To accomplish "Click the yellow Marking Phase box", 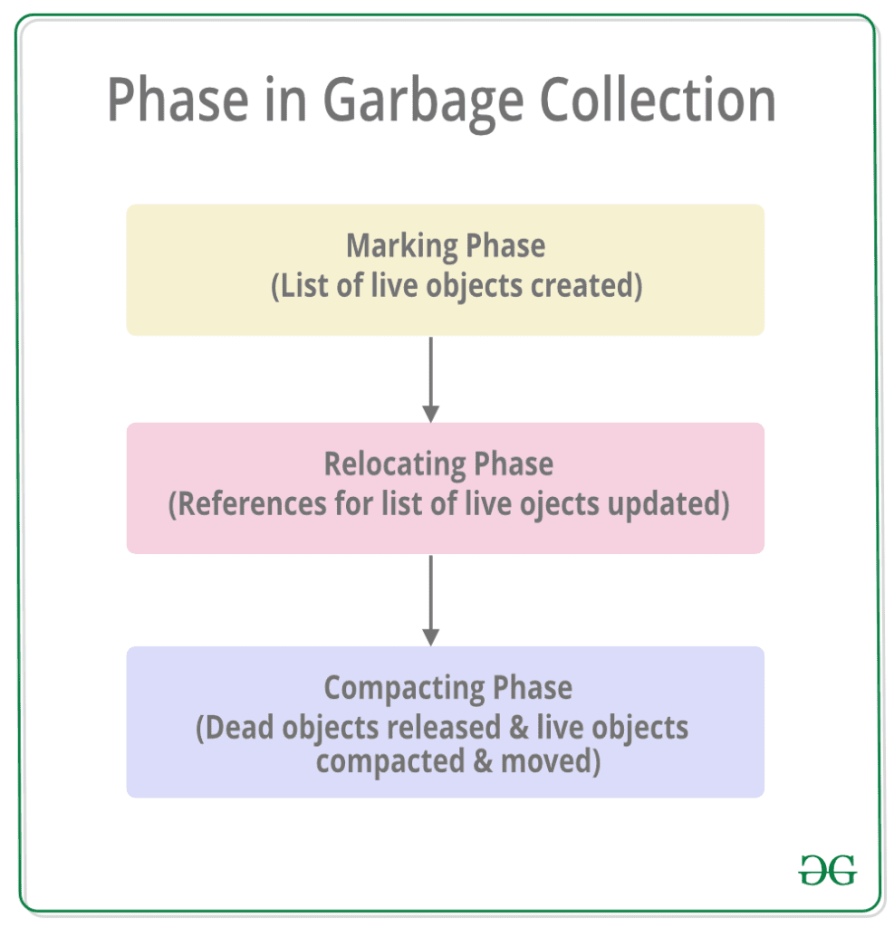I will click(445, 269).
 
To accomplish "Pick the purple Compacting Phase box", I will click(445, 722).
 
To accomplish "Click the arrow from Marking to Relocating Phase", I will click(431, 379).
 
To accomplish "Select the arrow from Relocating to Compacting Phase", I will click(431, 600).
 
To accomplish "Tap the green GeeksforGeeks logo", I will click(827, 870).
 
